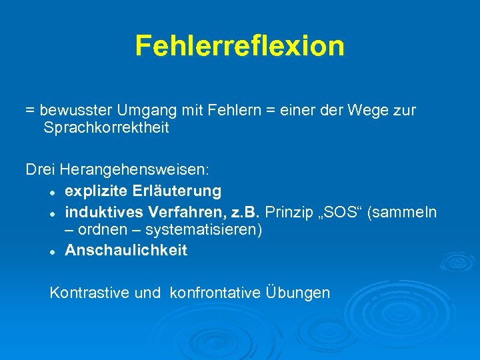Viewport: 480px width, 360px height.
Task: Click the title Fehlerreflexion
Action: pos(240,46)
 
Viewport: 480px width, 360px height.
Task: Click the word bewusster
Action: pos(75,110)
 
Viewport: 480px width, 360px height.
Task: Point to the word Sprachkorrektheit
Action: pos(106,127)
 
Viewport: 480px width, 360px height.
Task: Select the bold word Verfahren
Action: pos(179,212)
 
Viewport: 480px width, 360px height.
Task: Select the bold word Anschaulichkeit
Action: pos(126,251)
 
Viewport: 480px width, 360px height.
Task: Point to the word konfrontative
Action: pos(215,292)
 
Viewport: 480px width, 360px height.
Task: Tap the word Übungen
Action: pos(297,292)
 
